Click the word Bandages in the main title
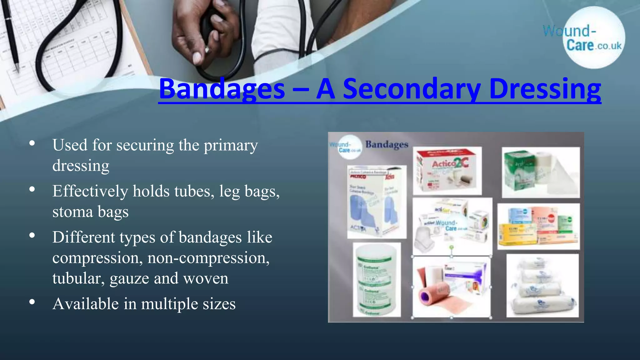click(222, 89)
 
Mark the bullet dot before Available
click(32, 302)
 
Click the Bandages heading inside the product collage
click(387, 144)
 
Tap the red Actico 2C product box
click(447, 171)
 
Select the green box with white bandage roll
click(541, 172)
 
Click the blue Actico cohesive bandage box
click(377, 202)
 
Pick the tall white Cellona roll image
click(377, 280)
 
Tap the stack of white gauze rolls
click(542, 286)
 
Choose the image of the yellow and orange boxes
click(538, 227)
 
